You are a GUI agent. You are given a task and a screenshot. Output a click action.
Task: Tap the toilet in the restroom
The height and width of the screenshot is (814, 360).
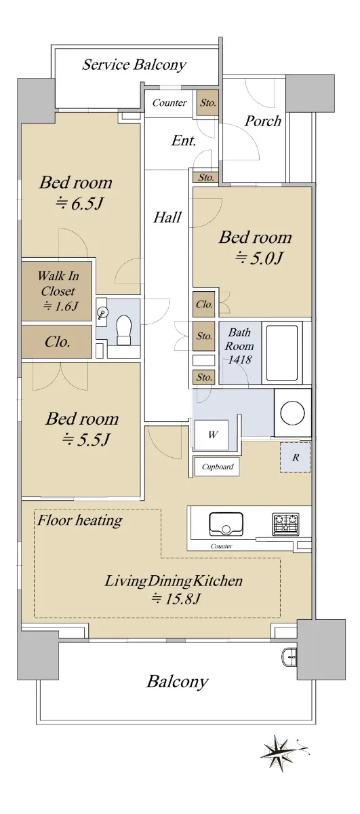click(124, 330)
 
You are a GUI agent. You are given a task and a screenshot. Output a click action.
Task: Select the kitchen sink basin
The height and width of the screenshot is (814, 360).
click(226, 524)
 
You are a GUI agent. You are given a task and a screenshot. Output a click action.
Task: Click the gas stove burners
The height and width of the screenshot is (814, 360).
click(285, 524)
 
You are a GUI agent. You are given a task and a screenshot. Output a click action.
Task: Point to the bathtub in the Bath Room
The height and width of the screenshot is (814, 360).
click(282, 353)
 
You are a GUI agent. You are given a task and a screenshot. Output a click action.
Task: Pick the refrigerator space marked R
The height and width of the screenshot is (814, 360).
click(295, 457)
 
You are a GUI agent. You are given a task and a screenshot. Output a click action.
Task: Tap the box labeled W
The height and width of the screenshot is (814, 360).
click(212, 435)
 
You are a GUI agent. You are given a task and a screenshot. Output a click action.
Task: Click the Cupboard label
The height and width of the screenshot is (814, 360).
click(217, 467)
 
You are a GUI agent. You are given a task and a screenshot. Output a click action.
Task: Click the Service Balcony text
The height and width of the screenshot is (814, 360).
click(134, 64)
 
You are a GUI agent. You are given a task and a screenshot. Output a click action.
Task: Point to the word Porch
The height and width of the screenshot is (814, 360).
click(262, 121)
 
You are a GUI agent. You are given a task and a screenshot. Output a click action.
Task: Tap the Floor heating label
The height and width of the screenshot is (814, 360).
click(80, 520)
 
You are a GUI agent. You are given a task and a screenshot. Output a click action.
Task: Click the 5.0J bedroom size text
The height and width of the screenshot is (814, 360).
click(259, 258)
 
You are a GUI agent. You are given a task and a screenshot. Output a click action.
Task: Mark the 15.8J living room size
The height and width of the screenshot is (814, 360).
click(176, 598)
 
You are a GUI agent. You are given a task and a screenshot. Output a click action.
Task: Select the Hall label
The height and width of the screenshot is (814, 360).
click(167, 217)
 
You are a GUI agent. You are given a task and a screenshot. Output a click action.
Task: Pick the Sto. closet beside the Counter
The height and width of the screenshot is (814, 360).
click(208, 103)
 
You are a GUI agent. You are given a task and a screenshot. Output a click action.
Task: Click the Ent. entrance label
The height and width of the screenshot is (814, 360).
click(184, 140)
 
